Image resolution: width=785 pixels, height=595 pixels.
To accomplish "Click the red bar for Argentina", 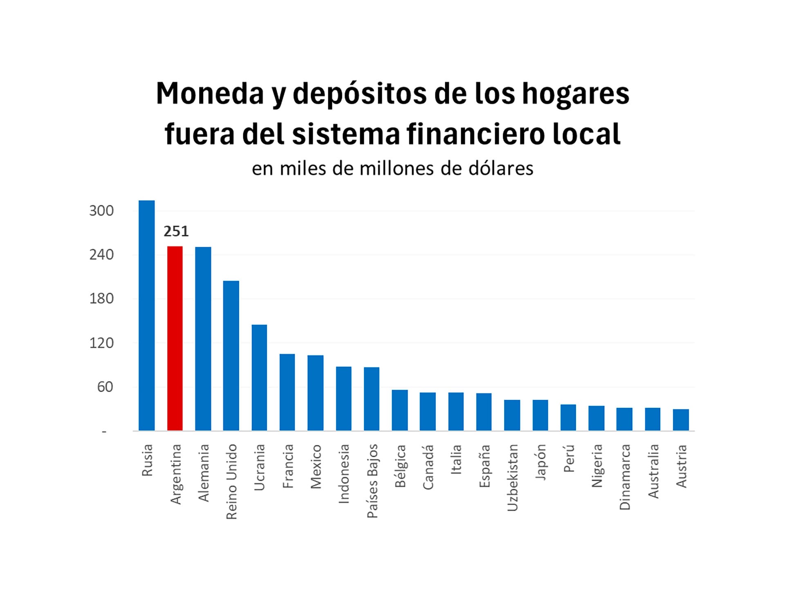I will click(175, 338).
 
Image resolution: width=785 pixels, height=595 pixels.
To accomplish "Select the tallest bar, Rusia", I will click(147, 315).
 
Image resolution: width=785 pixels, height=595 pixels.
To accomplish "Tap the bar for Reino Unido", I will click(231, 355).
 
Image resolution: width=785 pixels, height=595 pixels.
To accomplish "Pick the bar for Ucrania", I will click(259, 377).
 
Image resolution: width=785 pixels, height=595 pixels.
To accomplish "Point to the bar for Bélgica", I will click(399, 410).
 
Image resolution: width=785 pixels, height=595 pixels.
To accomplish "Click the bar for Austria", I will click(681, 420).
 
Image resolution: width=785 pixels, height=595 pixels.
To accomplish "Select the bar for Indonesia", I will click(343, 398).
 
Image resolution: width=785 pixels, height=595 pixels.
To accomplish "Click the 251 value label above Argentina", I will click(176, 231).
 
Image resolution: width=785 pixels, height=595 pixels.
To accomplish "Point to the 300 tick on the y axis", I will click(101, 211).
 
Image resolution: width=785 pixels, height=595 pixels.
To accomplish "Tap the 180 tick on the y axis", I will click(101, 299).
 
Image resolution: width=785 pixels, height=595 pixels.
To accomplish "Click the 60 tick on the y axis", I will click(105, 387).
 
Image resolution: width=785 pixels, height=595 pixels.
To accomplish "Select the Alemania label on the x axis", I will click(204, 473).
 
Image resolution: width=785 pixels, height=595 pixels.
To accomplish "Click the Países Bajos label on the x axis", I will click(372, 481).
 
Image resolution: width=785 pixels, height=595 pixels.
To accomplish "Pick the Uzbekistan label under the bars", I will click(512, 478).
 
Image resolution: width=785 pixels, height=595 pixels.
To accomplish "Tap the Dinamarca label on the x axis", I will click(625, 477).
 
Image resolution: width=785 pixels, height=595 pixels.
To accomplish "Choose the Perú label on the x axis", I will click(569, 458).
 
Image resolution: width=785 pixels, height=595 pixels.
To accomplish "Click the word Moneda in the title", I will click(210, 94).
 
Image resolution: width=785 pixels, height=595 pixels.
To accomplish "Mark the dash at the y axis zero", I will click(104, 431).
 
